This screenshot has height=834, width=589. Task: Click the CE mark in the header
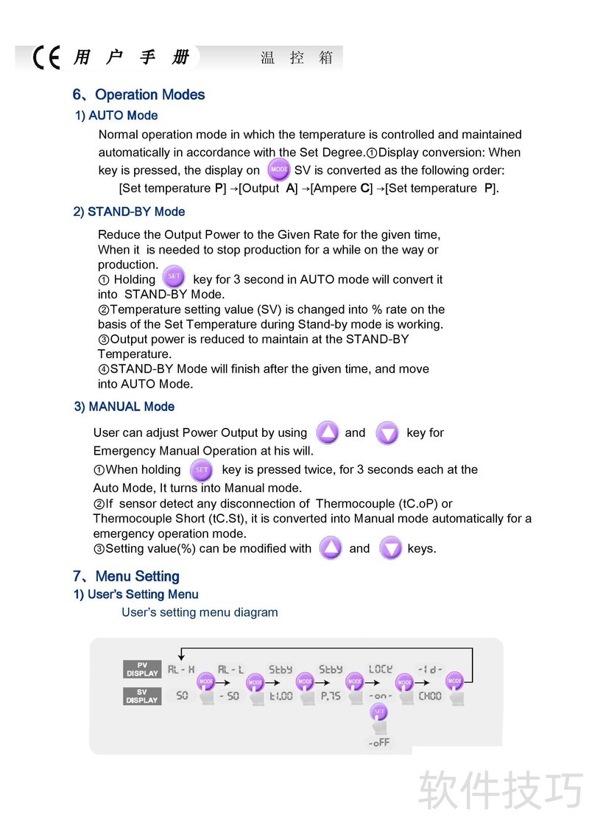click(46, 58)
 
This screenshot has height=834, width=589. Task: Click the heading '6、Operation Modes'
click(138, 95)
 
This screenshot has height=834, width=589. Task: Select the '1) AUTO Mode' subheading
click(116, 116)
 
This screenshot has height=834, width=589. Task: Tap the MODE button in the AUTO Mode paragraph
click(278, 170)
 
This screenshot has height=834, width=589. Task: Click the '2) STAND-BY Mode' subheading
click(129, 212)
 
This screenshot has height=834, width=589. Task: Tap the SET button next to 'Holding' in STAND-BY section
click(174, 278)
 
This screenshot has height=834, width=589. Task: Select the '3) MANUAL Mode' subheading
click(124, 407)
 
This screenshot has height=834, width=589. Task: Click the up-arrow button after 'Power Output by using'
click(327, 432)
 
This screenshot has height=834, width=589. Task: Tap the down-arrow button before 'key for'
click(387, 432)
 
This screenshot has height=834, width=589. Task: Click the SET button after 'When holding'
click(201, 469)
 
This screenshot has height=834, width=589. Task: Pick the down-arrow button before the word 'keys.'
click(390, 548)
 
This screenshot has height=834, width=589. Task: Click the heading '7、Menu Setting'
click(126, 577)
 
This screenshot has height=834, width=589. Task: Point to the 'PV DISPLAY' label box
click(142, 669)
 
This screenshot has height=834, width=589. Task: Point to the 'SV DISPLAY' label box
click(142, 696)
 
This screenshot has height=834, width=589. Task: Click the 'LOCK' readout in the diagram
click(381, 670)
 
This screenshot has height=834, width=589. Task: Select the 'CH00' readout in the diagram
click(430, 696)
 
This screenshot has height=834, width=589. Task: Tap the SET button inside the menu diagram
click(379, 712)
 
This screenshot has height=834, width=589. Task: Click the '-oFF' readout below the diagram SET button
click(379, 743)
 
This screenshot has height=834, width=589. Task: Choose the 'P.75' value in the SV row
click(331, 696)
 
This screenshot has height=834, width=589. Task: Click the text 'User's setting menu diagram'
click(200, 612)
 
